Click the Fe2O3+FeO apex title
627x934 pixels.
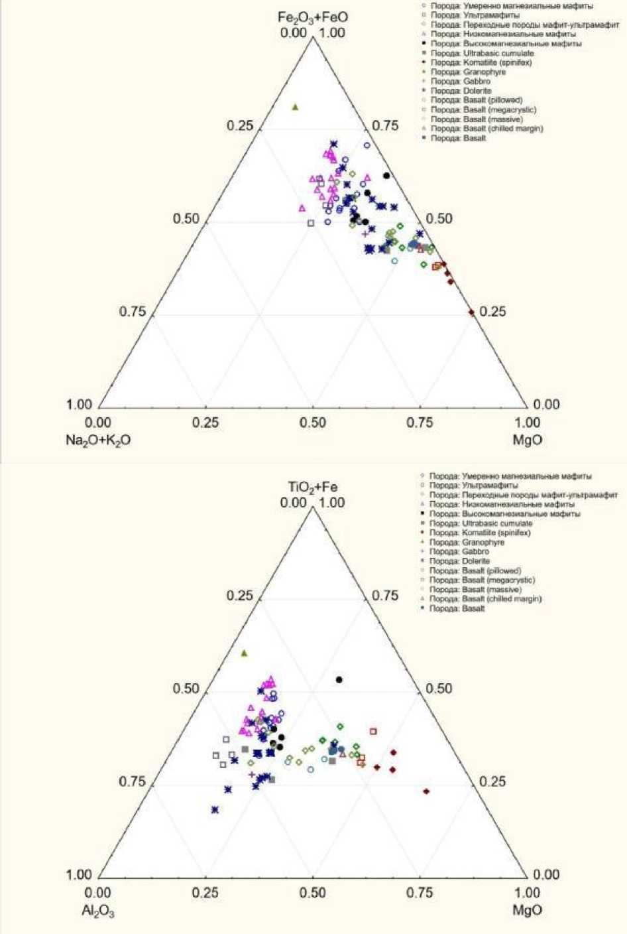(312, 17)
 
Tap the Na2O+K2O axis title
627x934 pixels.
(97, 440)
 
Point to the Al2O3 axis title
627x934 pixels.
(98, 910)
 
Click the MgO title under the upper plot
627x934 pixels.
(528, 440)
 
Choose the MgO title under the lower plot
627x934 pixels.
(528, 910)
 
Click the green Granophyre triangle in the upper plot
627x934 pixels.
(296, 107)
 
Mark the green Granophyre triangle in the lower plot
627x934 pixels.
(244, 653)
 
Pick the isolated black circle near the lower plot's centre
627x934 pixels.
(339, 679)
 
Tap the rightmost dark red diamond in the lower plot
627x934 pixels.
(426, 791)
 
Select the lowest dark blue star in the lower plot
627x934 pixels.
(215, 809)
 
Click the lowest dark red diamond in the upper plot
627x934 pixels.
(472, 312)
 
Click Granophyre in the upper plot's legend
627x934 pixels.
(468, 72)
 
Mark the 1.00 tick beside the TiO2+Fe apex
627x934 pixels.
(332, 503)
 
